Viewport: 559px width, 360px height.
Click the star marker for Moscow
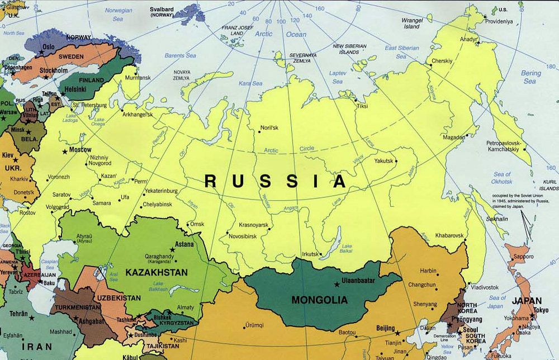65,151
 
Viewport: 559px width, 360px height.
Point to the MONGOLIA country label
319,300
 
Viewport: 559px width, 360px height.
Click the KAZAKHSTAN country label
157,272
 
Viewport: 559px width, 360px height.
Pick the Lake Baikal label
347,248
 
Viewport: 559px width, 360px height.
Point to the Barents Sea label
181,55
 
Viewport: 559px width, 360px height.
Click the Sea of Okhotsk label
501,178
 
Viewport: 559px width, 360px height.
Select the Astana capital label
184,244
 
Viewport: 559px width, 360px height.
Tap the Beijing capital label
385,328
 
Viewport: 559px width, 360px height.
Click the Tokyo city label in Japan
541,310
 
